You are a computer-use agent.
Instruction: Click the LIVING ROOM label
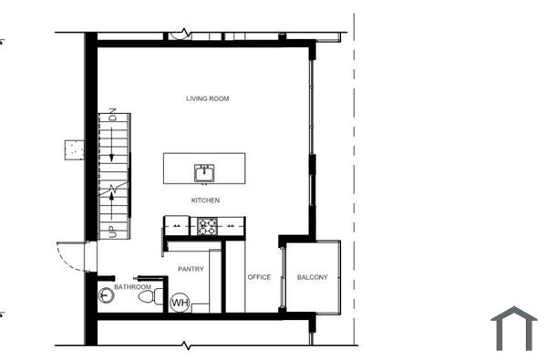206,98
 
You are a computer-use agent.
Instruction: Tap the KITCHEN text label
205,201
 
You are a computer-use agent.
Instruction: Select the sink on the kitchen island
204,171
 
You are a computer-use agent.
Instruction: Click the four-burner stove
207,225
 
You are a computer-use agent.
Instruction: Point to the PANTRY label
191,269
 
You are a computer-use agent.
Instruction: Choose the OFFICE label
260,277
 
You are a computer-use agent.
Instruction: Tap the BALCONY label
313,277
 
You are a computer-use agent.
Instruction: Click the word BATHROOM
132,287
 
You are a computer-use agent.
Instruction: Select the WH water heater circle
180,302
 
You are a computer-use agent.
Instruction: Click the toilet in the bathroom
157,297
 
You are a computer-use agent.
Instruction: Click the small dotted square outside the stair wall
74,148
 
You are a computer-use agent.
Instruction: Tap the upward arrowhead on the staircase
113,192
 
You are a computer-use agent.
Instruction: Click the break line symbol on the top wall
188,34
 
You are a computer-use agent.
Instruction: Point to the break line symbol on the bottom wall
188,345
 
